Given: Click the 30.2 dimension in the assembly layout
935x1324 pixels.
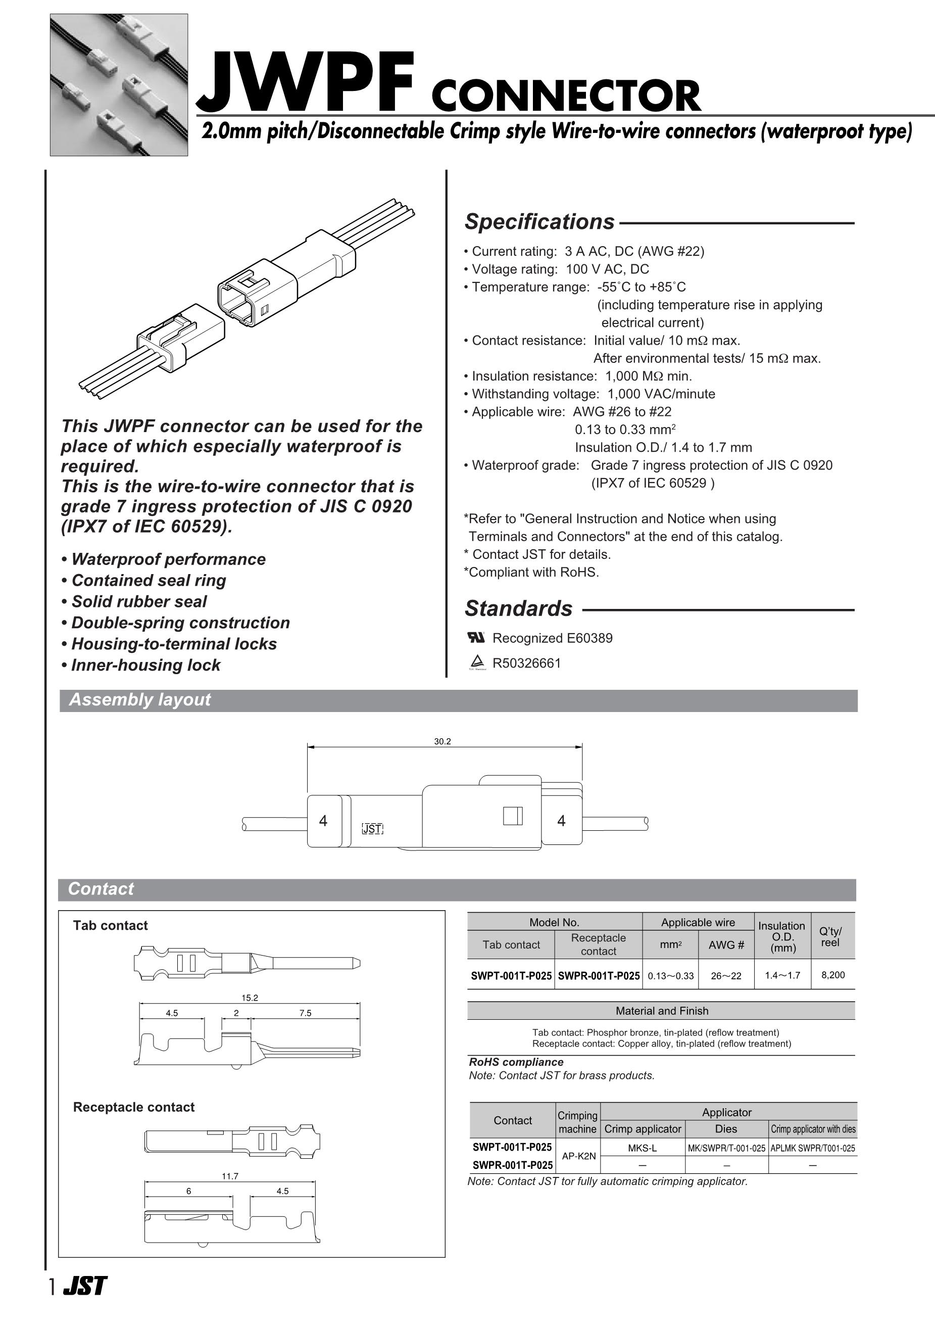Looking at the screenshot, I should pyautogui.click(x=442, y=741).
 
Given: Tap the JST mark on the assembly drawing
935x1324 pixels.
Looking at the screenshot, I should pyautogui.click(x=372, y=829).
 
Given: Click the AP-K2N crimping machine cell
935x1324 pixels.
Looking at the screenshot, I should pyautogui.click(x=579, y=1156).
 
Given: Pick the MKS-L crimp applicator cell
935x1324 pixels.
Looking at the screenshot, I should pyautogui.click(x=642, y=1148).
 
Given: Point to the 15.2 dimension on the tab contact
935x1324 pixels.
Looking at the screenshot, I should pyautogui.click(x=250, y=998).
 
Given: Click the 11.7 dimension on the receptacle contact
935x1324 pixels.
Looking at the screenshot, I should pyautogui.click(x=230, y=1176).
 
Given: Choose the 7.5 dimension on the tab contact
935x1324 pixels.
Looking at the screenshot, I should pyautogui.click(x=306, y=1013).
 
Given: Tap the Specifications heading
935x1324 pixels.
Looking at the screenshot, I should pyautogui.click(x=539, y=222).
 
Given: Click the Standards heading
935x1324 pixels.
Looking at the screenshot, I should pyautogui.click(x=518, y=609).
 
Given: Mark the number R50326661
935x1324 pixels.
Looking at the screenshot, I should pyautogui.click(x=526, y=663).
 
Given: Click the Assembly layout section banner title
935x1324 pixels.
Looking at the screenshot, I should pyautogui.click(x=140, y=700).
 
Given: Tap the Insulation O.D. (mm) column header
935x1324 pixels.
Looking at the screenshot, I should pyautogui.click(x=781, y=936).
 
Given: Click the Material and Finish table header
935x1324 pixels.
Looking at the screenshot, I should pyautogui.click(x=661, y=1011).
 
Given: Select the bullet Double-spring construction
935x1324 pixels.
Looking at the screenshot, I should pyautogui.click(x=180, y=623).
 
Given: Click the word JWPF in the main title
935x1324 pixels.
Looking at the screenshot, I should pyautogui.click(x=306, y=83).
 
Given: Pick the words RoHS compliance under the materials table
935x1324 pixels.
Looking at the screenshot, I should pyautogui.click(x=516, y=1062).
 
